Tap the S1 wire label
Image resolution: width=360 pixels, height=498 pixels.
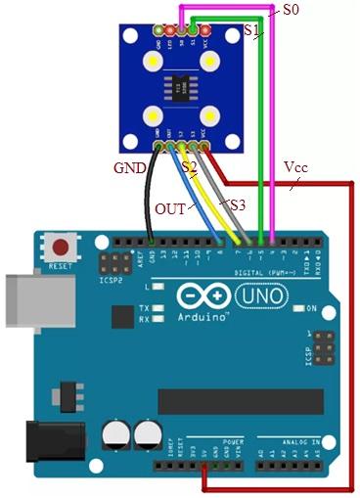coord(252,32)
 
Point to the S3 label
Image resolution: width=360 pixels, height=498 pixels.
coord(238,204)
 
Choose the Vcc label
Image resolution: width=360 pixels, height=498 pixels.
coord(295,167)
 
